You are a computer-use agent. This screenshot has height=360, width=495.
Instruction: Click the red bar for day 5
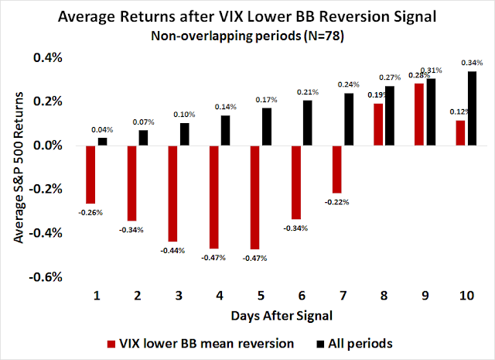point(254,197)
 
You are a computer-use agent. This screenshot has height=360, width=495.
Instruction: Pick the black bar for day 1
point(102,142)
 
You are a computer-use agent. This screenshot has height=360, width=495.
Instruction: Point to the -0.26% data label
point(90,211)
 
